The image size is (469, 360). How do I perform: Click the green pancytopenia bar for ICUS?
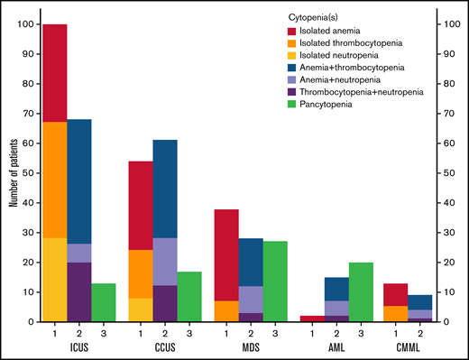104,302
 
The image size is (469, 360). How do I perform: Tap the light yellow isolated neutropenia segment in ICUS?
54,280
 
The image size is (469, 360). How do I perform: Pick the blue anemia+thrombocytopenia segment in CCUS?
164,189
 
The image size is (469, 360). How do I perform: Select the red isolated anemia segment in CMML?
396,294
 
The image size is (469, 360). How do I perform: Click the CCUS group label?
164,346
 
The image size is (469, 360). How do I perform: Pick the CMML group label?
408,346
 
